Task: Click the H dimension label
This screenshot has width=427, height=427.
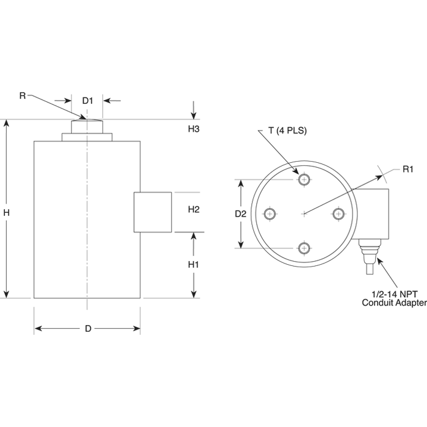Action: click(x=6, y=212)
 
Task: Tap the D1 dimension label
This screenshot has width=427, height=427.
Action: click(x=88, y=101)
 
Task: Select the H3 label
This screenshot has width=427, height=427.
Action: click(x=193, y=129)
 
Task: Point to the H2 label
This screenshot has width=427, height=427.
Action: click(x=193, y=209)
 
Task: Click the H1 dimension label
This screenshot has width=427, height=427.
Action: click(x=193, y=264)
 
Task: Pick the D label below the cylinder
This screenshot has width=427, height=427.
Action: click(x=88, y=329)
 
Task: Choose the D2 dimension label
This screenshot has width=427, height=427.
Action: click(x=240, y=213)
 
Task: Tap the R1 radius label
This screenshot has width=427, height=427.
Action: click(x=408, y=169)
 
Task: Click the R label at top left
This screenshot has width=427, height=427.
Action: click(x=23, y=96)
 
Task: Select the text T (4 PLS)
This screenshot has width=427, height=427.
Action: click(x=287, y=131)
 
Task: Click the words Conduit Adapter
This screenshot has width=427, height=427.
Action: click(x=394, y=303)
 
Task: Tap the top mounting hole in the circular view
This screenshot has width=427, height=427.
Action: click(x=304, y=179)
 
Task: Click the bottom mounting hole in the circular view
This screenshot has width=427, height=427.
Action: click(x=304, y=248)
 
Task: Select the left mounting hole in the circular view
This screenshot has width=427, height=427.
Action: click(x=270, y=213)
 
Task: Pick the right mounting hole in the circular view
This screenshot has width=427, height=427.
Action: click(x=339, y=213)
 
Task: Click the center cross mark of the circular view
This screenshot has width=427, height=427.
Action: click(x=304, y=213)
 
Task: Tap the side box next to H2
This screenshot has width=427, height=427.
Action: click(x=152, y=212)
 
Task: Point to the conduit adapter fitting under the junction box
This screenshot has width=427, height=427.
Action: click(x=369, y=257)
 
